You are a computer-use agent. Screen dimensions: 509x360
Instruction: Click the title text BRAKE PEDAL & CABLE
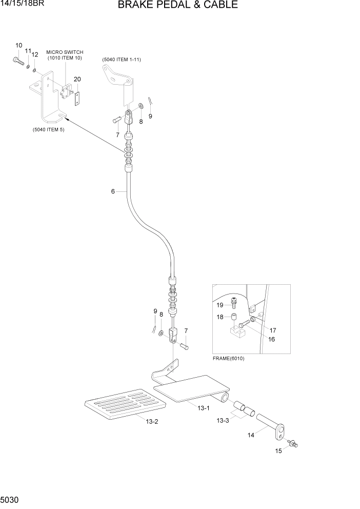click(177, 6)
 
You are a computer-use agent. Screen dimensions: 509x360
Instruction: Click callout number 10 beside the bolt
click(19, 46)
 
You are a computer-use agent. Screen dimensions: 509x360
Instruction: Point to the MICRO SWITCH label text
click(65, 52)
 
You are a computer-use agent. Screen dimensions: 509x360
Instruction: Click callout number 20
click(77, 79)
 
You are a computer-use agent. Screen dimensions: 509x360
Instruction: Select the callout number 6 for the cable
click(113, 191)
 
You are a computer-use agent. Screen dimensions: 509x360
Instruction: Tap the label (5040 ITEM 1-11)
click(122, 60)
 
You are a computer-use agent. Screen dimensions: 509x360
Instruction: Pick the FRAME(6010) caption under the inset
click(228, 358)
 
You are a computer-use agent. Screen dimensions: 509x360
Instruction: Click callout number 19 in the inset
click(219, 305)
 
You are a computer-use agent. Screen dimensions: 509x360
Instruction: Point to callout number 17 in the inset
click(273, 330)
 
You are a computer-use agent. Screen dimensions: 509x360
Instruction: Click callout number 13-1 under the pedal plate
click(204, 408)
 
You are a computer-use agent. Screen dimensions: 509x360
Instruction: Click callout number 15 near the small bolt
click(278, 452)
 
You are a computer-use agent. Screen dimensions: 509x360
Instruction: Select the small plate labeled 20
click(77, 98)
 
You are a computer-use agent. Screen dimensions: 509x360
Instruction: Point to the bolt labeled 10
click(17, 62)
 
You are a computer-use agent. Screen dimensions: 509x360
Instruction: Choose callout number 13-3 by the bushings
click(222, 421)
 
